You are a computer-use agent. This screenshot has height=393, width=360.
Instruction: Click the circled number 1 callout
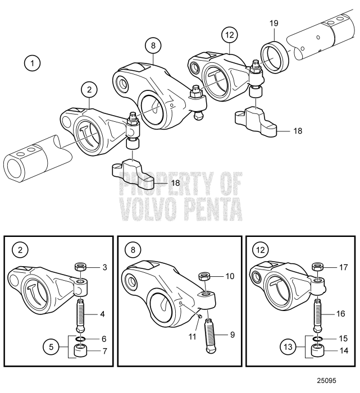(x=32, y=63)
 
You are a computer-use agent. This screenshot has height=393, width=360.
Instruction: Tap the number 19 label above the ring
(x=274, y=24)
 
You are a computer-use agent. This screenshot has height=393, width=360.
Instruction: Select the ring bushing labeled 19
(x=275, y=58)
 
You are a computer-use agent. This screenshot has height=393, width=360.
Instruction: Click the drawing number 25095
(x=326, y=381)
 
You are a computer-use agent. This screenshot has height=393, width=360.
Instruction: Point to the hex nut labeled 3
(x=80, y=266)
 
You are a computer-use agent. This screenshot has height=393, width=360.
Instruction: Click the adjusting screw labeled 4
(x=80, y=314)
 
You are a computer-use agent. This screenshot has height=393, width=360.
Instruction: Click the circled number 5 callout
(x=51, y=347)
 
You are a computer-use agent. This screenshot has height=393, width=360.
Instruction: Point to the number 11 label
(x=192, y=336)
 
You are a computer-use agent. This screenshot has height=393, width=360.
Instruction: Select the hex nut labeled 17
(x=317, y=267)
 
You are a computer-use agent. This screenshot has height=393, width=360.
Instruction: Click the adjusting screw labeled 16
(x=318, y=314)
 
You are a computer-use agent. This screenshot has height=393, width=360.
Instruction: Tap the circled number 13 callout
(x=288, y=347)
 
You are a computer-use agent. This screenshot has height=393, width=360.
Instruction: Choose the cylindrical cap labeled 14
(x=318, y=350)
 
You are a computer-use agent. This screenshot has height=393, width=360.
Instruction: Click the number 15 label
(x=343, y=339)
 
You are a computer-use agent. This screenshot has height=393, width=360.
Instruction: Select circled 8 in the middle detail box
(x=133, y=250)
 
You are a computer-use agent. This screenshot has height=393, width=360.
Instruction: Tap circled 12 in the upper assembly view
(x=230, y=35)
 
